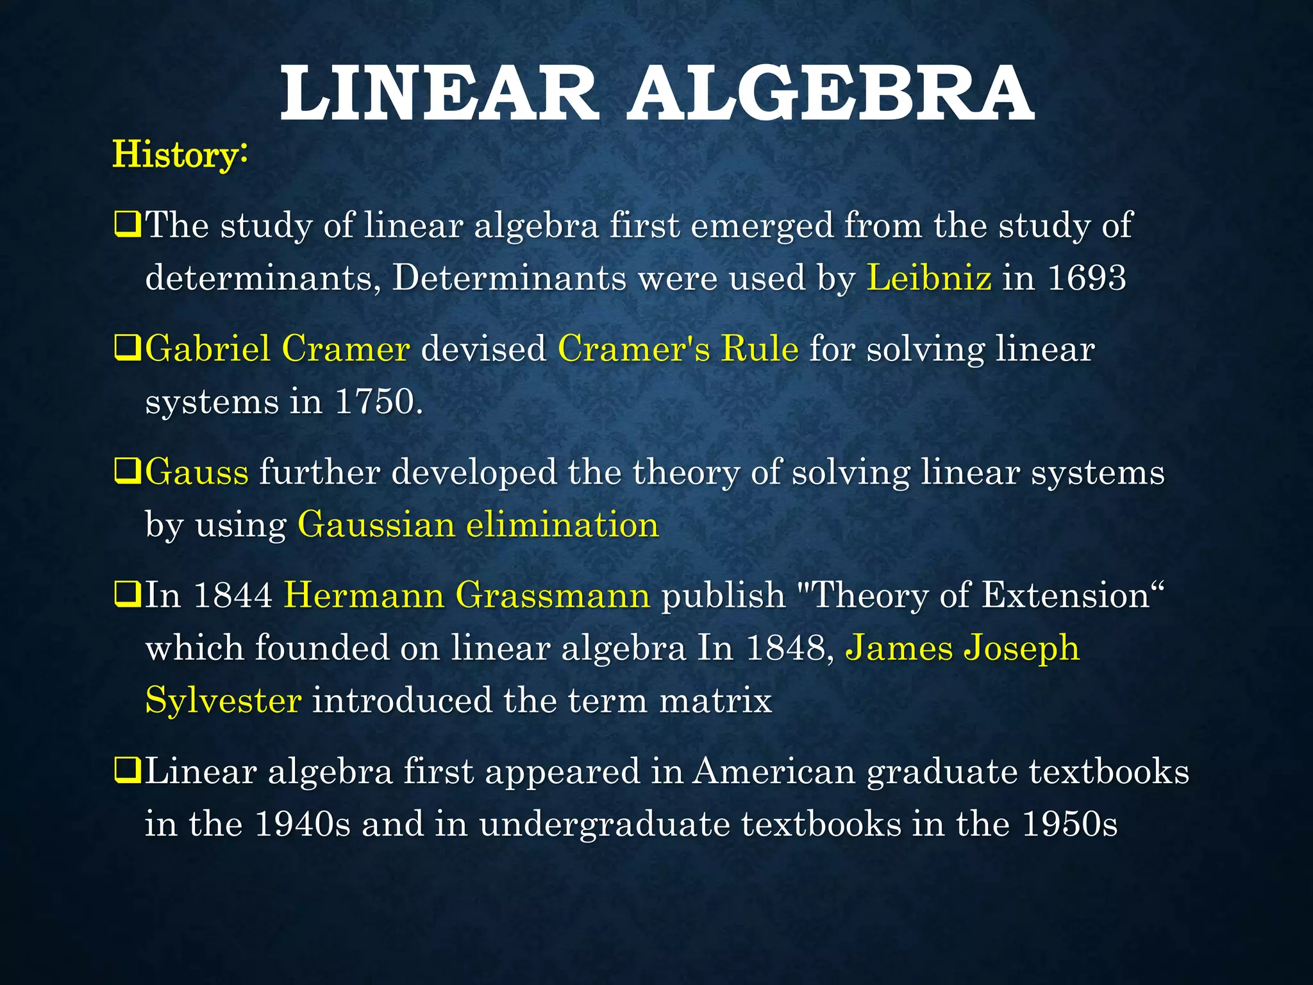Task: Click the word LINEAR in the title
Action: (439, 95)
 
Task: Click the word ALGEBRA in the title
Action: (830, 95)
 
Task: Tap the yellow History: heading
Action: (180, 155)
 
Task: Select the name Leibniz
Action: (928, 278)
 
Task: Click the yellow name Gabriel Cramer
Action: (277, 349)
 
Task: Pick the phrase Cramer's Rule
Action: (678, 349)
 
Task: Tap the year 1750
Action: (378, 402)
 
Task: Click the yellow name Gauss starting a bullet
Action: (197, 473)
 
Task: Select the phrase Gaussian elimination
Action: (478, 525)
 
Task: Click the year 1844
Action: (233, 595)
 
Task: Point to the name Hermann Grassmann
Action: (467, 595)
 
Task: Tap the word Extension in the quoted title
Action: (1066, 595)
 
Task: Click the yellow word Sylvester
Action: (223, 700)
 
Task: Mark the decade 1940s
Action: (302, 823)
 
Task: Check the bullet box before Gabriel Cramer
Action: (127, 349)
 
